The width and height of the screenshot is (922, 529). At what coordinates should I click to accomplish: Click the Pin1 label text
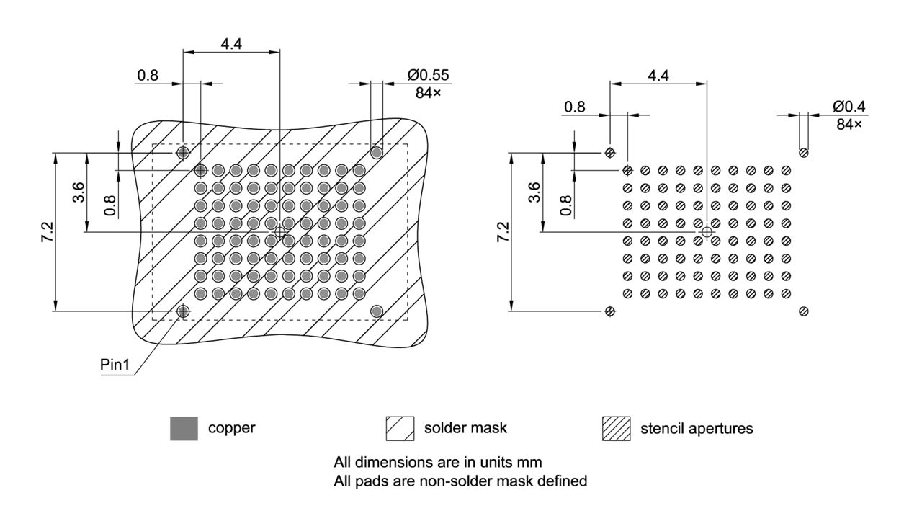(x=115, y=365)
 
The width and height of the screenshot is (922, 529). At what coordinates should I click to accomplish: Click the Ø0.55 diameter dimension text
(x=429, y=75)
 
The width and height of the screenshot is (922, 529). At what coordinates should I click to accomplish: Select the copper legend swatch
(x=184, y=428)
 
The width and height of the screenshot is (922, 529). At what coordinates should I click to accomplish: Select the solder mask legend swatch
(x=400, y=428)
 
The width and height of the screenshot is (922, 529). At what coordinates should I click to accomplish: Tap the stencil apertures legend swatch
(x=616, y=428)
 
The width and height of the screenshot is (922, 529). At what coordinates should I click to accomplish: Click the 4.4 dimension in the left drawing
(x=231, y=43)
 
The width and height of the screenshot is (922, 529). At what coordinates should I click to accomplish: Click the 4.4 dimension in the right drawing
(x=658, y=75)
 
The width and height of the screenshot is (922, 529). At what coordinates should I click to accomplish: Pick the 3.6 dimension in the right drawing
(x=534, y=192)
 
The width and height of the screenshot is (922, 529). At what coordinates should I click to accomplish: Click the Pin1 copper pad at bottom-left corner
(x=183, y=311)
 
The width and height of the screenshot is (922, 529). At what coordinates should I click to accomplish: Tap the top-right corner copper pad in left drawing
(x=376, y=152)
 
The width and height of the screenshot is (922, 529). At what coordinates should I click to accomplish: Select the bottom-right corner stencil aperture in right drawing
(x=803, y=311)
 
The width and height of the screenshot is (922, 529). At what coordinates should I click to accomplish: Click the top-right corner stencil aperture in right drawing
(x=803, y=152)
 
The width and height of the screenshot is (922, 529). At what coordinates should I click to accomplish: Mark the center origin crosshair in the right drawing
(x=707, y=231)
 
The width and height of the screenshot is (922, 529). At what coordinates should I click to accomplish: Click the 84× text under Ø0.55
(x=428, y=92)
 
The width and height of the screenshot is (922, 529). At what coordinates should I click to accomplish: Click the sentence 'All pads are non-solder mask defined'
(x=460, y=480)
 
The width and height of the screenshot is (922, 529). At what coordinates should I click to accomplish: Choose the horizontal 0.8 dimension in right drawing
(x=574, y=107)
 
